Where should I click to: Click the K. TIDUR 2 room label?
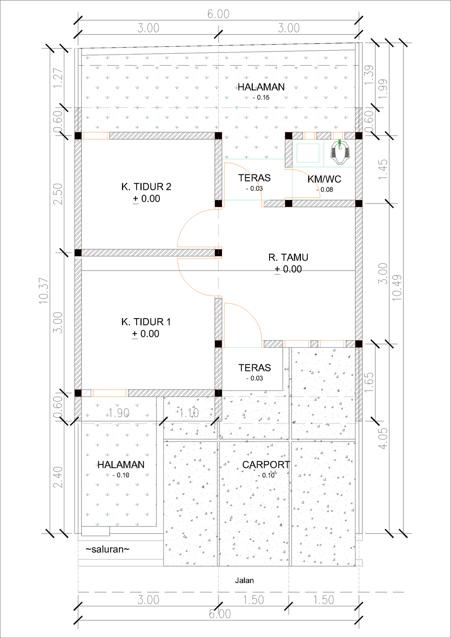point(146,187)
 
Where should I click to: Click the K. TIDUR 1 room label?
point(146,322)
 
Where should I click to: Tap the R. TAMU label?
point(288,257)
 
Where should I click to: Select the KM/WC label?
point(324,179)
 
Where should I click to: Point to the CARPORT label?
point(266,465)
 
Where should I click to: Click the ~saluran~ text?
point(107,549)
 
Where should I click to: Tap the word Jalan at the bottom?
point(244,580)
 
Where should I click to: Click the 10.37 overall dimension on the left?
point(44,291)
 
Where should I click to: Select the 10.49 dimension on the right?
point(397,288)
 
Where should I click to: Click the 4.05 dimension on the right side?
point(383,438)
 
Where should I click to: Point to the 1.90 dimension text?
point(119,413)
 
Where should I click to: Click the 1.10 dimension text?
point(189,413)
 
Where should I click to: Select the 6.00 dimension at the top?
point(218,14)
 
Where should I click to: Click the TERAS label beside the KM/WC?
point(254,178)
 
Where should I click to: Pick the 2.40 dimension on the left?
point(58,477)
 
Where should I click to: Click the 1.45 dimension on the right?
point(383,169)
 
